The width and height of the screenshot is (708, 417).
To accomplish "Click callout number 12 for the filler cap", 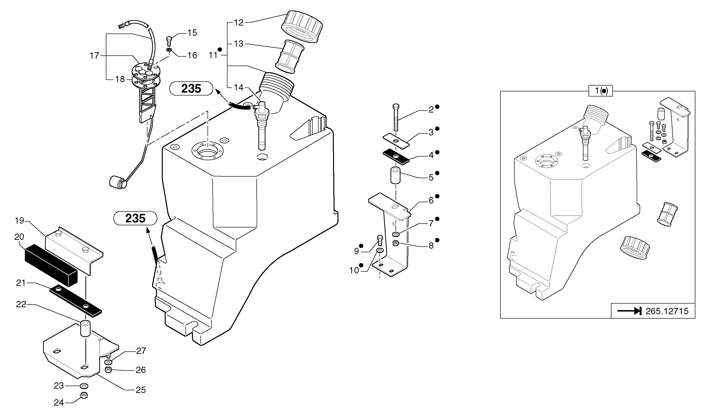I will click(x=238, y=23).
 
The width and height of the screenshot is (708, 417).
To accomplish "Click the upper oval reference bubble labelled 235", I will click(x=191, y=88).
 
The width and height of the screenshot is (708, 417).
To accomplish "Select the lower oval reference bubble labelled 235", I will click(x=135, y=218).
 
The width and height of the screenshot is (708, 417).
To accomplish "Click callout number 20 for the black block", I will click(x=19, y=237).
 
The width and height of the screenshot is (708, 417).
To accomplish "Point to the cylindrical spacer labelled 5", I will click(x=395, y=176).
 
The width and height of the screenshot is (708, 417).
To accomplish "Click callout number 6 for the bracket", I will click(x=431, y=201).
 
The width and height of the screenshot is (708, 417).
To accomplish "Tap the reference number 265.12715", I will click(x=667, y=311).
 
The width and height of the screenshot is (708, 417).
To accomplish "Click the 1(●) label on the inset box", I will click(x=600, y=91).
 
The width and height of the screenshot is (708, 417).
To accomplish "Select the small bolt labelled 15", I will click(x=169, y=41).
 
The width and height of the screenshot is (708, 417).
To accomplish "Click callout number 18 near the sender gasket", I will click(x=120, y=79).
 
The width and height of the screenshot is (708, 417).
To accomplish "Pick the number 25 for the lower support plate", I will click(x=141, y=390).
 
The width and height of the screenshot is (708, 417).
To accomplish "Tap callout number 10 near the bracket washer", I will click(x=354, y=270).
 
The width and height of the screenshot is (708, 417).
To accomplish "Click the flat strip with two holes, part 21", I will click(x=75, y=300).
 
